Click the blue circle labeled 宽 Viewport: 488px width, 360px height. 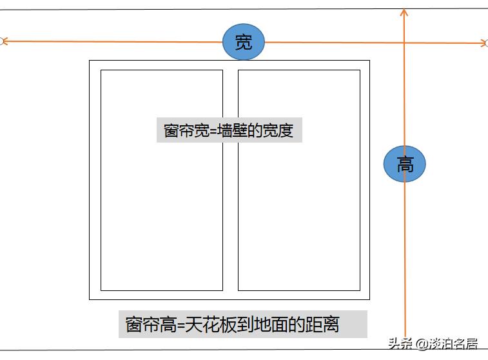click(x=244, y=43)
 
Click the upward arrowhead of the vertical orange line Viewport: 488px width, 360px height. click(x=404, y=12)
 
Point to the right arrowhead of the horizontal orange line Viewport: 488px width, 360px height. click(x=483, y=43)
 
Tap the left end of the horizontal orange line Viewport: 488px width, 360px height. click(x=3, y=41)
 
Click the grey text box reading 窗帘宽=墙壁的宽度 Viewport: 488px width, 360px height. click(x=229, y=130)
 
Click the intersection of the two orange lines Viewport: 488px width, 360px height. click(x=404, y=43)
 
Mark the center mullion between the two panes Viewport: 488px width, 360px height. click(x=230, y=180)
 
